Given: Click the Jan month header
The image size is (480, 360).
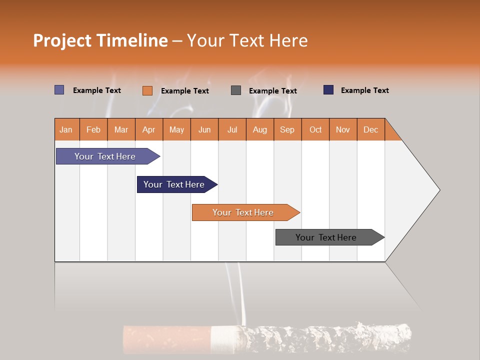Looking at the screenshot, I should pos(66,129).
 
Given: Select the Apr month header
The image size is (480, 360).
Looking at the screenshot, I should pos(148,129).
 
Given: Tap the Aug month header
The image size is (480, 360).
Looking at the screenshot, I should pos(259,129).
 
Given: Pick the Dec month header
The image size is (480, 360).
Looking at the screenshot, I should pos(370,129).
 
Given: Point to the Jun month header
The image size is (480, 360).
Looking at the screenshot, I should pos(204,129).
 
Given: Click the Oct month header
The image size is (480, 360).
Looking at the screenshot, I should pos(315,129).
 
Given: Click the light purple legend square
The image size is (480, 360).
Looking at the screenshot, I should pos(59,90).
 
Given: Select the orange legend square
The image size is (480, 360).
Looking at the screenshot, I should pos(147,90).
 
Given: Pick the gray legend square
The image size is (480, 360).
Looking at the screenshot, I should pos(235,90).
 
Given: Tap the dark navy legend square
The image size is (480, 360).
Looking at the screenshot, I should pos(328,90).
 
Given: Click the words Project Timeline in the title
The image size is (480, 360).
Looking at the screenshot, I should pos(100,40).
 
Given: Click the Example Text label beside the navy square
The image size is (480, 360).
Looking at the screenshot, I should pos(364,90).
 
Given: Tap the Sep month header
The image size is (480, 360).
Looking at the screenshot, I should pos(287,129).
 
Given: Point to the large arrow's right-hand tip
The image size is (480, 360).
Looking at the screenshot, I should pos(438,190).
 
